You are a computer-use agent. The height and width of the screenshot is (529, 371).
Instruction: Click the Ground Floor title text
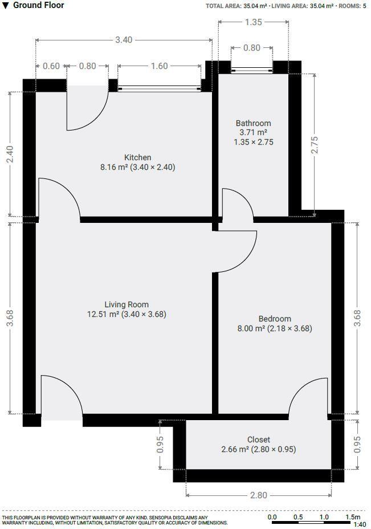[38, 5]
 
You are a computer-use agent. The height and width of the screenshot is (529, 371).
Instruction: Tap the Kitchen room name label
[137, 157]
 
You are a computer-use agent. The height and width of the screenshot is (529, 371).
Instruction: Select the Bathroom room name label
[253, 123]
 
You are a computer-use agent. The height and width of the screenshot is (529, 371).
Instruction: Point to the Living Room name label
[127, 304]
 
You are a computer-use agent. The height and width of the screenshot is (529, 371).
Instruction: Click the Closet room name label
[259, 440]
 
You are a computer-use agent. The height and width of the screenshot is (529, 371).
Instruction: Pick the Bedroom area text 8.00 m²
[251, 328]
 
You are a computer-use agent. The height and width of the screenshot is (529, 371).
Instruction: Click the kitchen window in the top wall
[160, 88]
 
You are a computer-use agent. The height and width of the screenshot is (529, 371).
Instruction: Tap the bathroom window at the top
[252, 71]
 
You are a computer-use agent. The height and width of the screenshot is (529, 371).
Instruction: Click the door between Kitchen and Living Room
[58, 198]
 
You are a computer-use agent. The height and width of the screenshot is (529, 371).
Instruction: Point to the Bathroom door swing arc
[237, 203]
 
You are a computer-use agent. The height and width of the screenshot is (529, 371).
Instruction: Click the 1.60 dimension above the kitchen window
[160, 66]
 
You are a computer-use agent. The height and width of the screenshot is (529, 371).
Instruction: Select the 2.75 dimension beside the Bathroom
[314, 145]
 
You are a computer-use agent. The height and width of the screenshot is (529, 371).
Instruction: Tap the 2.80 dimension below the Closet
[258, 495]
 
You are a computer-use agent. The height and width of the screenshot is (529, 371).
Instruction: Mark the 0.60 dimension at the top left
[51, 66]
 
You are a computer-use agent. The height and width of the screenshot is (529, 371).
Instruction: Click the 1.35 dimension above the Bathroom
[253, 22]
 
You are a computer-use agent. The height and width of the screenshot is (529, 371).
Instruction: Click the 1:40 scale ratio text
[360, 524]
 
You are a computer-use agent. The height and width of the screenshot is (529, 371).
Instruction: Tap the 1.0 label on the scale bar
[324, 517]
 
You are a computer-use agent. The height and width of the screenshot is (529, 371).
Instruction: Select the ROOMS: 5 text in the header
[353, 6]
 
